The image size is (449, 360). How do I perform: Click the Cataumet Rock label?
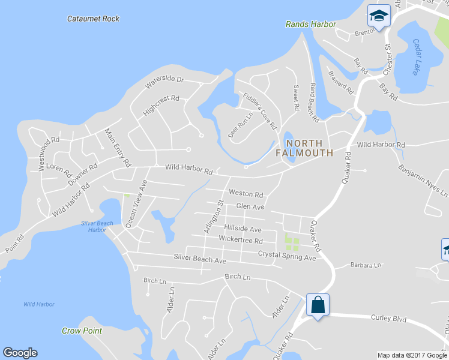[x=93, y=19]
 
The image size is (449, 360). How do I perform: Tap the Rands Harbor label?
[x=310, y=25]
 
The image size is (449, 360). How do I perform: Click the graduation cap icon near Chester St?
[x=378, y=16]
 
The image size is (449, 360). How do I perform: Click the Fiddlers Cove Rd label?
[x=259, y=110]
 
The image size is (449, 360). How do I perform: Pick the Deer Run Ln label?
[x=239, y=124]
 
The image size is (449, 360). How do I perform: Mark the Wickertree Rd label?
[x=241, y=241]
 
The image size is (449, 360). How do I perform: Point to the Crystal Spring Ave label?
[x=287, y=257]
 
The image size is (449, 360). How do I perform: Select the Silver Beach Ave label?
[x=199, y=261]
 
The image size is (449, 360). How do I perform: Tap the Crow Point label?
[x=82, y=331]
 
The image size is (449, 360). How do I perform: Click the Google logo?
[x=20, y=353]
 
